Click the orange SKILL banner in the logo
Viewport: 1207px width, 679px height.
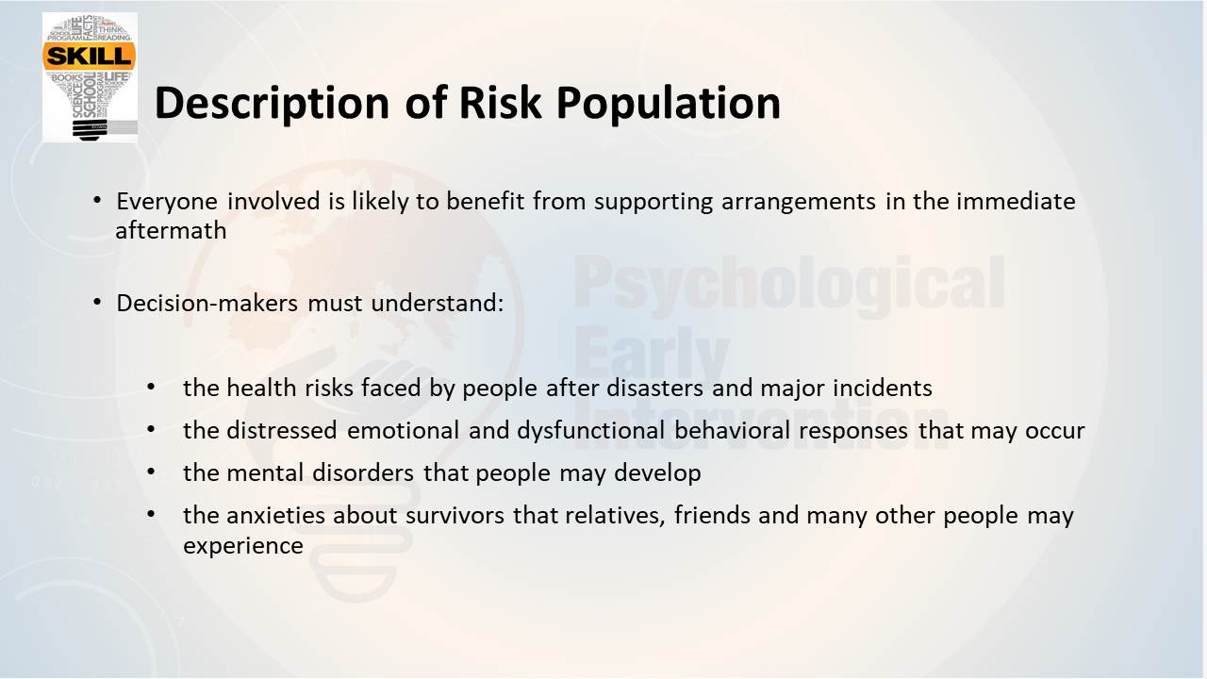(x=89, y=56)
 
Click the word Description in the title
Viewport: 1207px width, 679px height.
(x=273, y=103)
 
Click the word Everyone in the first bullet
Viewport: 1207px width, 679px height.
(x=167, y=202)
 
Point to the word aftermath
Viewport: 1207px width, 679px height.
(x=172, y=231)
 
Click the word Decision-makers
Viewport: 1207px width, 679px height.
(x=207, y=303)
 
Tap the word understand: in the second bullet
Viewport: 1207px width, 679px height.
(x=438, y=303)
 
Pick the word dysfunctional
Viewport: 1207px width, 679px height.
(x=591, y=431)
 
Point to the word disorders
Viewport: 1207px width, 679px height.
(x=363, y=473)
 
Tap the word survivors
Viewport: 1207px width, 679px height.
(x=455, y=516)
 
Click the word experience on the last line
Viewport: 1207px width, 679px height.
(x=243, y=546)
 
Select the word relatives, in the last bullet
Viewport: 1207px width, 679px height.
(x=615, y=516)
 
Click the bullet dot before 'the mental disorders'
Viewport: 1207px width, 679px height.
(x=152, y=472)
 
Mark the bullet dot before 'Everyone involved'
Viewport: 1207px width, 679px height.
(x=97, y=201)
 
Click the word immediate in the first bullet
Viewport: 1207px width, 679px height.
(x=1016, y=202)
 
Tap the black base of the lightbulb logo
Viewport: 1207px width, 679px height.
(x=91, y=130)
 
